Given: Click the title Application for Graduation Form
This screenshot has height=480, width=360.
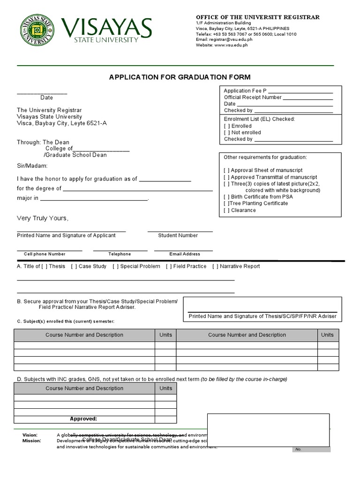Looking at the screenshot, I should pos(180,77).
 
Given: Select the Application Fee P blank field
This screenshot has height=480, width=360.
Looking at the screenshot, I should pos(300,91).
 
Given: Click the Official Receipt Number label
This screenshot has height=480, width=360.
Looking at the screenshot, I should pos(253,97).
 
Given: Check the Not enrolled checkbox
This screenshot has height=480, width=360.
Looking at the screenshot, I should pos(227,133).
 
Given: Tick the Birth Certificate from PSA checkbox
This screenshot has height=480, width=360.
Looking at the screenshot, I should pos(227,197).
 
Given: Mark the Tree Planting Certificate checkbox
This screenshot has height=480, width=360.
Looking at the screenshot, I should pos(227,203).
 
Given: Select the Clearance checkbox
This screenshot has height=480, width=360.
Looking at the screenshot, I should pos(227,210).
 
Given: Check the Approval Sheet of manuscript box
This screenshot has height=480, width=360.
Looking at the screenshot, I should pos(227,170).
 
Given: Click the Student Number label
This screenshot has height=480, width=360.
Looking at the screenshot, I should pos(178,235).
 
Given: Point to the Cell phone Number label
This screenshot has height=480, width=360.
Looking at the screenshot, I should pos(45,254).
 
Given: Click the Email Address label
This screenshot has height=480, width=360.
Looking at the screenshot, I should pos(185,254).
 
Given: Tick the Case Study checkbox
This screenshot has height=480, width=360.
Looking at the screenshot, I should pos(74,266).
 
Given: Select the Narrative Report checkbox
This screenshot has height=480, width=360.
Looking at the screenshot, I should pos(215,266).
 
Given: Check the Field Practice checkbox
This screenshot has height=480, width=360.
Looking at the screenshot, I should pos(169,266).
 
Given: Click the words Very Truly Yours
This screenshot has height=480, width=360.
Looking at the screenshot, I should pos(43,218).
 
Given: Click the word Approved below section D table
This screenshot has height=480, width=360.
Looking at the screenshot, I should pos(83,419).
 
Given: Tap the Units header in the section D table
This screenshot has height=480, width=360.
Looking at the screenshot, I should pos(166,388).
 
